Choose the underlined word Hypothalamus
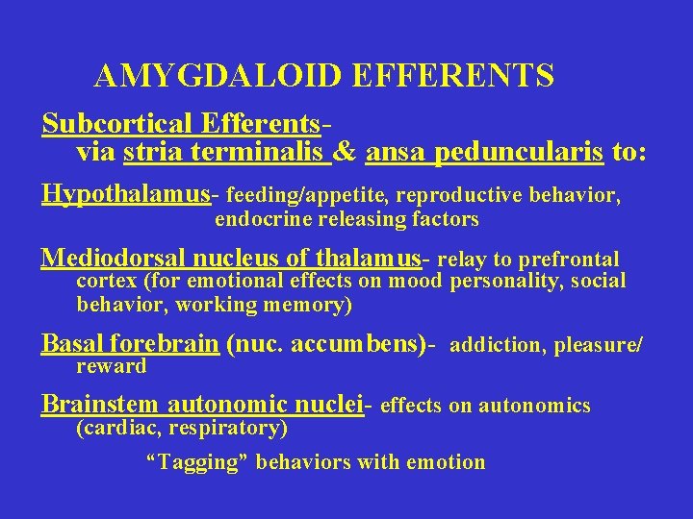[126, 193]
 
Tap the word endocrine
[257, 219]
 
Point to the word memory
[311, 305]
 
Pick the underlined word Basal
[73, 343]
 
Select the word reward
[111, 366]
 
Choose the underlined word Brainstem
[101, 404]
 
